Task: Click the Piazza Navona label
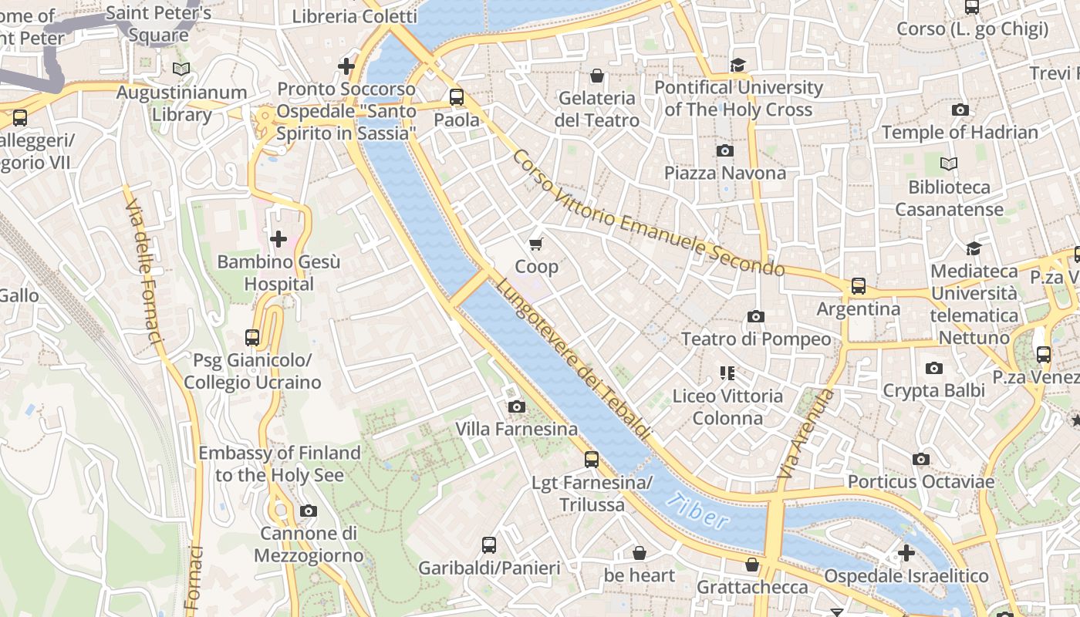[724, 173]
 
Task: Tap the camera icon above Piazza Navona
[724, 150]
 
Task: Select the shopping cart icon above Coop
[536, 244]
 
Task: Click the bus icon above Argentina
[858, 286]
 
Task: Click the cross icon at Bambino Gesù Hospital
[278, 239]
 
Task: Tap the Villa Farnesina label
[516, 429]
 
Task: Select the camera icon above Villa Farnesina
[516, 406]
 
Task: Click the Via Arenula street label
[806, 433]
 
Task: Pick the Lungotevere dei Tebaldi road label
[572, 359]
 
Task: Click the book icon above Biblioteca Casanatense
[949, 164]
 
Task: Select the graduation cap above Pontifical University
[738, 65]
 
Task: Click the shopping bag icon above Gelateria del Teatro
[596, 76]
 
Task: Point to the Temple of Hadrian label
[960, 133]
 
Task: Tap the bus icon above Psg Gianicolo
[251, 337]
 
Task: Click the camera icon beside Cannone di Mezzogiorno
[308, 511]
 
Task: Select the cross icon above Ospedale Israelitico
[906, 553]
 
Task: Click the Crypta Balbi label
[933, 390]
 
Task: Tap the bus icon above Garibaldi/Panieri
[488, 545]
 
